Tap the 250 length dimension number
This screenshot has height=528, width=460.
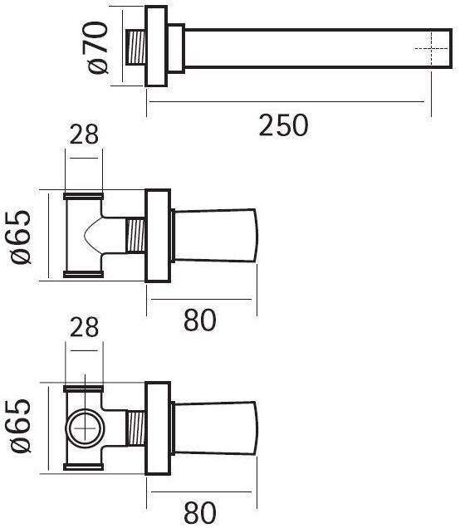click(282, 126)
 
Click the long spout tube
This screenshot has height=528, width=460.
click(307, 48)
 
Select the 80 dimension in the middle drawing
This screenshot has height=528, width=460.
click(200, 319)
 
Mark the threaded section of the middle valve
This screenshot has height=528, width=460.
click(134, 237)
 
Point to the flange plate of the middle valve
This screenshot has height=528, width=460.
click(158, 237)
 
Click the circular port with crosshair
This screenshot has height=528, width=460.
click(84, 429)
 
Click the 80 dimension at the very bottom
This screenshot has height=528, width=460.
click(200, 511)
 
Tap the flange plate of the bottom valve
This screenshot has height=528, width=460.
click(158, 428)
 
